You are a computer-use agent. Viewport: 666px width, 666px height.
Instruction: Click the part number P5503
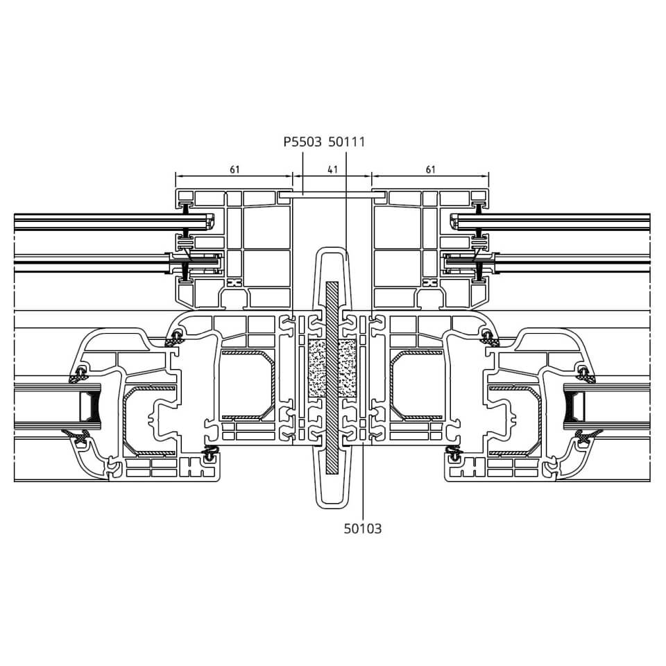click(x=302, y=142)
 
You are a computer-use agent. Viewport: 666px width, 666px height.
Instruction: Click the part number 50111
click(x=347, y=142)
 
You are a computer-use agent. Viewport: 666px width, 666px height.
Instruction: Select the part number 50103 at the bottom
click(x=363, y=529)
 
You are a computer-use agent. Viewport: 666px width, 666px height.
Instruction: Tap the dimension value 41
click(x=332, y=169)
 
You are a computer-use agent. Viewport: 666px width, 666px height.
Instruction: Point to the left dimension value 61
click(x=235, y=169)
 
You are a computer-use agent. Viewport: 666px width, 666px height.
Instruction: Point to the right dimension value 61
click(x=431, y=169)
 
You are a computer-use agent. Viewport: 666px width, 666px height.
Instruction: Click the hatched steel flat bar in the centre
click(x=332, y=377)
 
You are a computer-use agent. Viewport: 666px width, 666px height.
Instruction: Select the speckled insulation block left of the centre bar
click(x=316, y=368)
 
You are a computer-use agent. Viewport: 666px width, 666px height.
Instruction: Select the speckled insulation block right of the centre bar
click(x=347, y=368)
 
